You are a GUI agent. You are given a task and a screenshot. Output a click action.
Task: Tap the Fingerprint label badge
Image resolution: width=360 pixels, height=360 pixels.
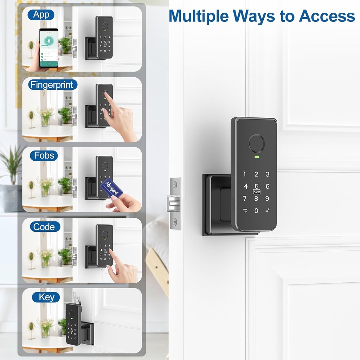52,85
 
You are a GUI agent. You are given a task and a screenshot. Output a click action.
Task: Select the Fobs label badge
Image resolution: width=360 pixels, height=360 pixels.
44,155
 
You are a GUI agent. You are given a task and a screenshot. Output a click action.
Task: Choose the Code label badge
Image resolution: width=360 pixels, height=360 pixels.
44,227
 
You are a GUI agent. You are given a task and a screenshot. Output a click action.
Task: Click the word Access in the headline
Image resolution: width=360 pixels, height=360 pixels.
327,16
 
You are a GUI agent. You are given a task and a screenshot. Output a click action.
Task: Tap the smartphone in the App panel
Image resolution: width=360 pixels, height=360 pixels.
49,48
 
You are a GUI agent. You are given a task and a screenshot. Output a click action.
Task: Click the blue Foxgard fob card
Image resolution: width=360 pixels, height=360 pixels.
112,188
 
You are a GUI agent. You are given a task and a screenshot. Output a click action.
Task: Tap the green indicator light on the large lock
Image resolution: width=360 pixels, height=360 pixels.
256,157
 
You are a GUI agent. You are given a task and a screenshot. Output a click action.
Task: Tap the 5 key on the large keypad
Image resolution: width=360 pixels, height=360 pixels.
256,186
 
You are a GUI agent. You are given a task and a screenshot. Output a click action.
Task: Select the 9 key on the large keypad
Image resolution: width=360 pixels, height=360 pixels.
267,198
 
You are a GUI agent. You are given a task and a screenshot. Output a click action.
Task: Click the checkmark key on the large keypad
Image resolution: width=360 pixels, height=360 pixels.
268,211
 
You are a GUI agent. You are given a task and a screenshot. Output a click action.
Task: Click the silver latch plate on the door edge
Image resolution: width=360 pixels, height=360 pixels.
175,203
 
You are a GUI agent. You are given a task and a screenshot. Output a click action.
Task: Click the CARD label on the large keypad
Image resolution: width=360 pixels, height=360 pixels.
256,192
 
